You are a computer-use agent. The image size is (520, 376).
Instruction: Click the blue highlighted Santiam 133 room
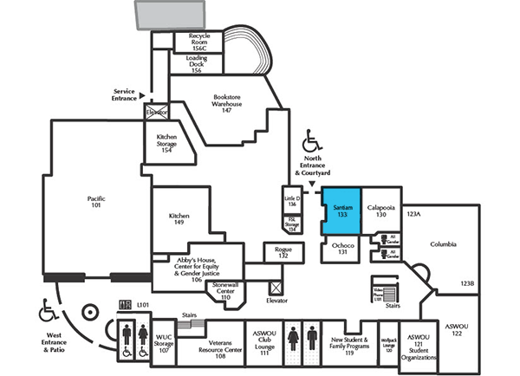click(x=341, y=212)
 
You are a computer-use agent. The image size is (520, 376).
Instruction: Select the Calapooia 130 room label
click(x=380, y=211)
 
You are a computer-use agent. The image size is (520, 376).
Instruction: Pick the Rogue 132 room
click(x=283, y=253)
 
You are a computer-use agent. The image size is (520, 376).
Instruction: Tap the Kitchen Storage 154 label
click(x=166, y=142)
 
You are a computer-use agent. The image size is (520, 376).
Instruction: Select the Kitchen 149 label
click(x=179, y=219)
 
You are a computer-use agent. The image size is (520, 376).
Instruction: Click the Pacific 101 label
click(x=96, y=203)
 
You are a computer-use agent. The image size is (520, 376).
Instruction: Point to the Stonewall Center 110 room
click(x=224, y=290)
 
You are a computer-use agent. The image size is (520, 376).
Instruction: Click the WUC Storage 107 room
click(x=165, y=344)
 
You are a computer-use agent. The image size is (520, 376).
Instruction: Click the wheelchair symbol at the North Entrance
click(x=309, y=141)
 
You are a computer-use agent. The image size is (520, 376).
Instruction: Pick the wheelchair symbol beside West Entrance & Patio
click(x=46, y=308)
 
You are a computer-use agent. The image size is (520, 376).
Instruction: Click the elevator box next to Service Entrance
click(x=157, y=111)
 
